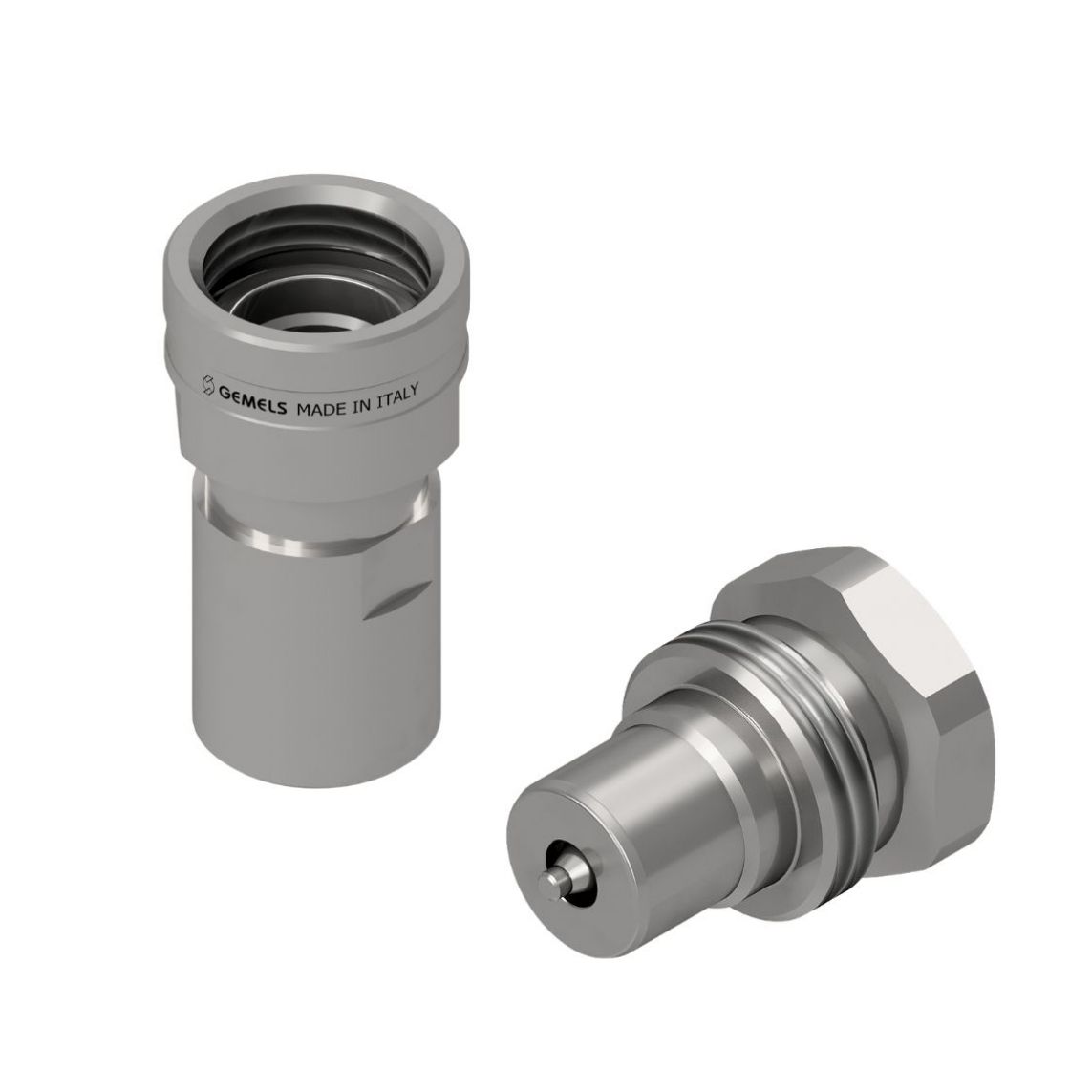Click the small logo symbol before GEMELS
click(209, 386)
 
